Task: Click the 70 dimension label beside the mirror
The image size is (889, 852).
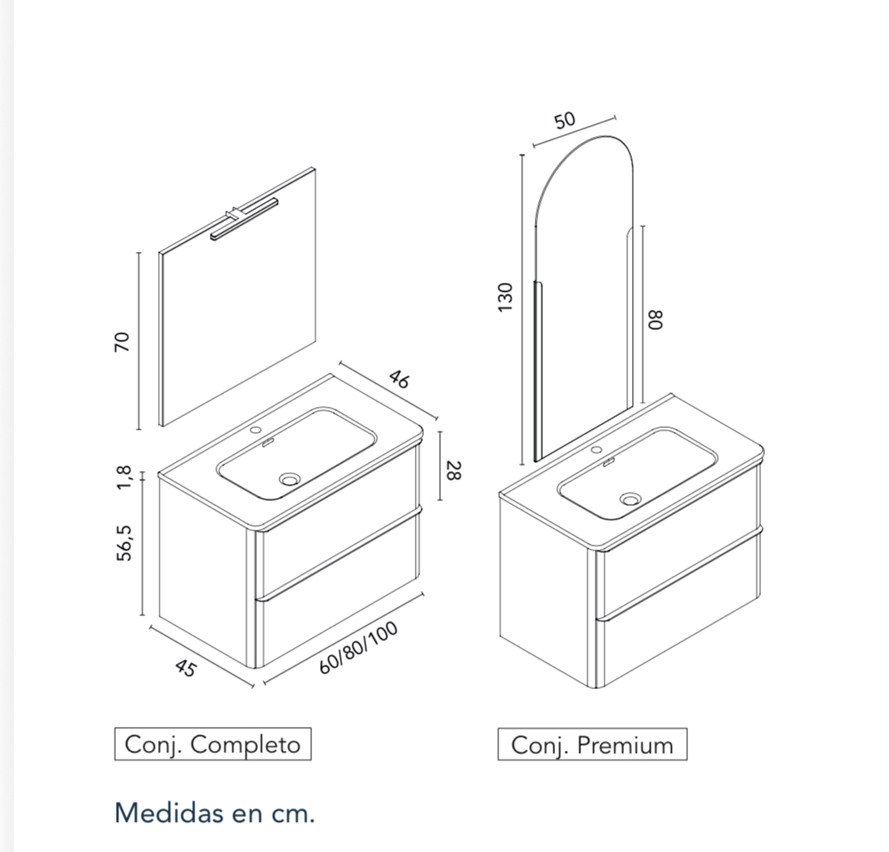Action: click(x=122, y=340)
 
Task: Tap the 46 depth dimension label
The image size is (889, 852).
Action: click(x=399, y=379)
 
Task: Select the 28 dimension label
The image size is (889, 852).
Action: click(x=454, y=469)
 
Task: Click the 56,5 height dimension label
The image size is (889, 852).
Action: click(x=125, y=542)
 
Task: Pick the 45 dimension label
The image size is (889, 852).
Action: click(x=186, y=668)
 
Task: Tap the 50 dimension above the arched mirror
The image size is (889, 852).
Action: click(x=565, y=120)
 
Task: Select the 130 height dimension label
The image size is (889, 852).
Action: click(x=506, y=297)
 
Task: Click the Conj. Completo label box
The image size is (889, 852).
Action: click(x=212, y=744)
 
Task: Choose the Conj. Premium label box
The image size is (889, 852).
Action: click(x=592, y=744)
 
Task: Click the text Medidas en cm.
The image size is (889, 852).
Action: click(x=215, y=812)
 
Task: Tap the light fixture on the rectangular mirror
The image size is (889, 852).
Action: click(x=242, y=220)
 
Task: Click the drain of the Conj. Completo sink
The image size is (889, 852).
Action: click(x=289, y=479)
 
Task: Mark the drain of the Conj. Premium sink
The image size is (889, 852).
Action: click(x=630, y=499)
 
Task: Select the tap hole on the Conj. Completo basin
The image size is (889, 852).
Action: click(x=257, y=430)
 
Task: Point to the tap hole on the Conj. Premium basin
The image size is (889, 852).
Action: click(x=596, y=449)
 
